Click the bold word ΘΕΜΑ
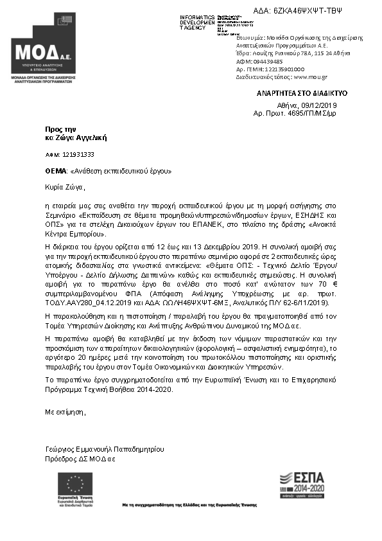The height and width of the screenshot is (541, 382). pyautogui.click(x=56, y=172)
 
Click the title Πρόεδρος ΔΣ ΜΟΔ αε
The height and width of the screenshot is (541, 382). pyautogui.click(x=80, y=459)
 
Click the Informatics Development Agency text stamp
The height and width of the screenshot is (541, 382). pyautogui.click(x=197, y=22)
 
